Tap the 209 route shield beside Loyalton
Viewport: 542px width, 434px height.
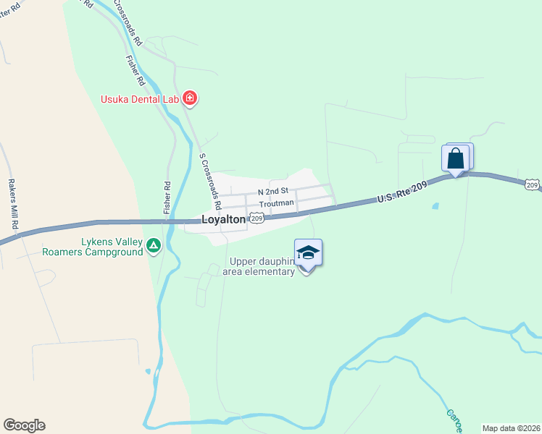coord(256,217)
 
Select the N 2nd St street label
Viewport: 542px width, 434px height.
coord(273,192)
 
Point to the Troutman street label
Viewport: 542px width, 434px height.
coord(277,203)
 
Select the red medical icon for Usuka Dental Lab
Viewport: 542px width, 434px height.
coord(190,97)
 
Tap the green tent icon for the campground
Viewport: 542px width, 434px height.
coord(154,247)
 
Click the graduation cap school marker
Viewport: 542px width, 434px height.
coord(308,252)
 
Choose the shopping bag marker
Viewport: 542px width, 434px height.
coord(456,158)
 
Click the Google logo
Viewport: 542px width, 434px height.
coord(24,425)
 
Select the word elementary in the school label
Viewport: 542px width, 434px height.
coord(268,271)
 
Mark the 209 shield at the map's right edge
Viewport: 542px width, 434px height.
coord(533,186)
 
